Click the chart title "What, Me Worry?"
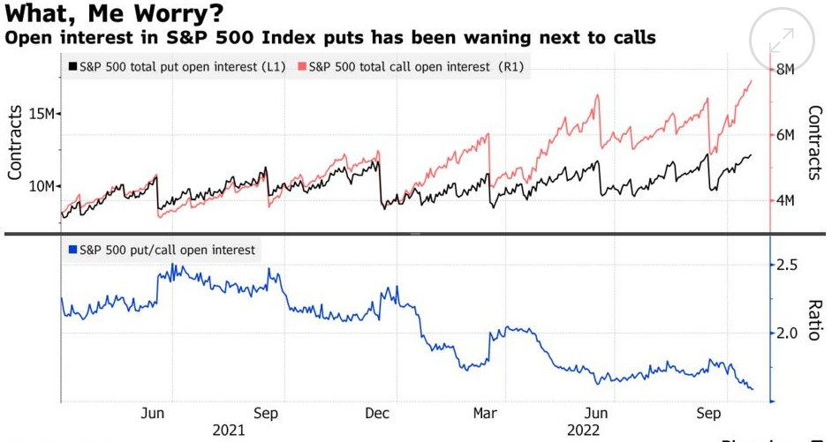[x=113, y=15]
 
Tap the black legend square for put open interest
[x=72, y=67]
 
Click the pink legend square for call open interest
[x=302, y=67]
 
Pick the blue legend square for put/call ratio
[x=72, y=250]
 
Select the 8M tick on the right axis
[x=784, y=70]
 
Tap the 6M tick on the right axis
[x=784, y=135]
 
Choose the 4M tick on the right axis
[x=784, y=201]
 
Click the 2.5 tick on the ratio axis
[x=787, y=266]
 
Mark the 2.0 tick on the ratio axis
[x=787, y=333]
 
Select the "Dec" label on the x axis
[x=377, y=413]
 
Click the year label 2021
[x=229, y=430]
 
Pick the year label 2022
[x=584, y=430]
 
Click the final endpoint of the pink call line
[x=752, y=80]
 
